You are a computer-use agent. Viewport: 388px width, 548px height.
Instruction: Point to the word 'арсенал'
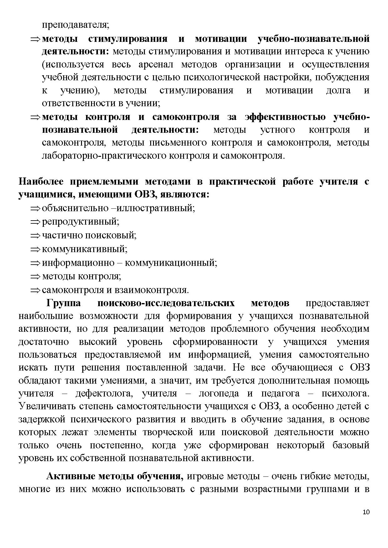coord(154,64)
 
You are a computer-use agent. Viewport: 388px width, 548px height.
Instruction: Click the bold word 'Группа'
coord(64,303)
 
